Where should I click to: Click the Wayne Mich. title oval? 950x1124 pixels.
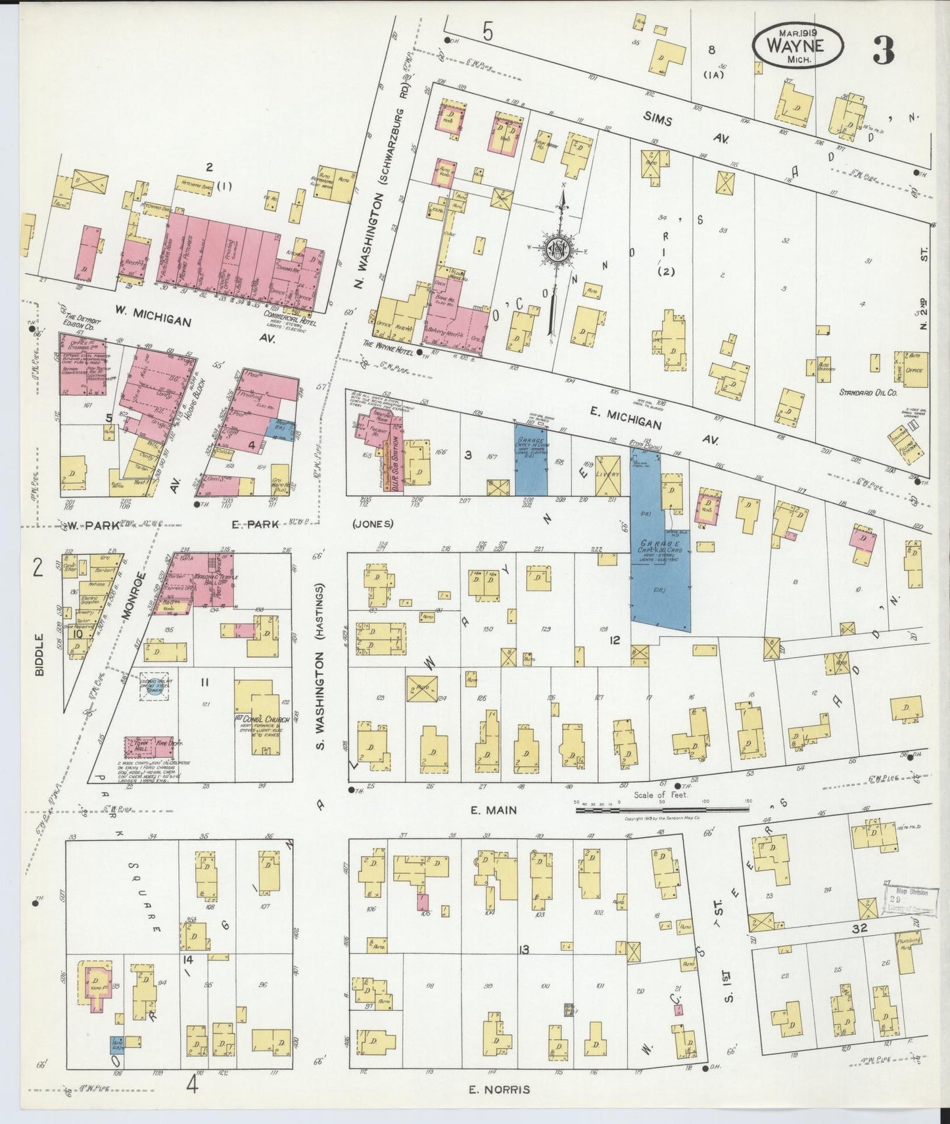[796, 46]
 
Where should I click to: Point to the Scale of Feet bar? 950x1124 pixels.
[663, 810]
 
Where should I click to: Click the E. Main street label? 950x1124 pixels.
[493, 810]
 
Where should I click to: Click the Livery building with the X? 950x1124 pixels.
[607, 476]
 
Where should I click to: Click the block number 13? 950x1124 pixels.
[523, 948]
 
